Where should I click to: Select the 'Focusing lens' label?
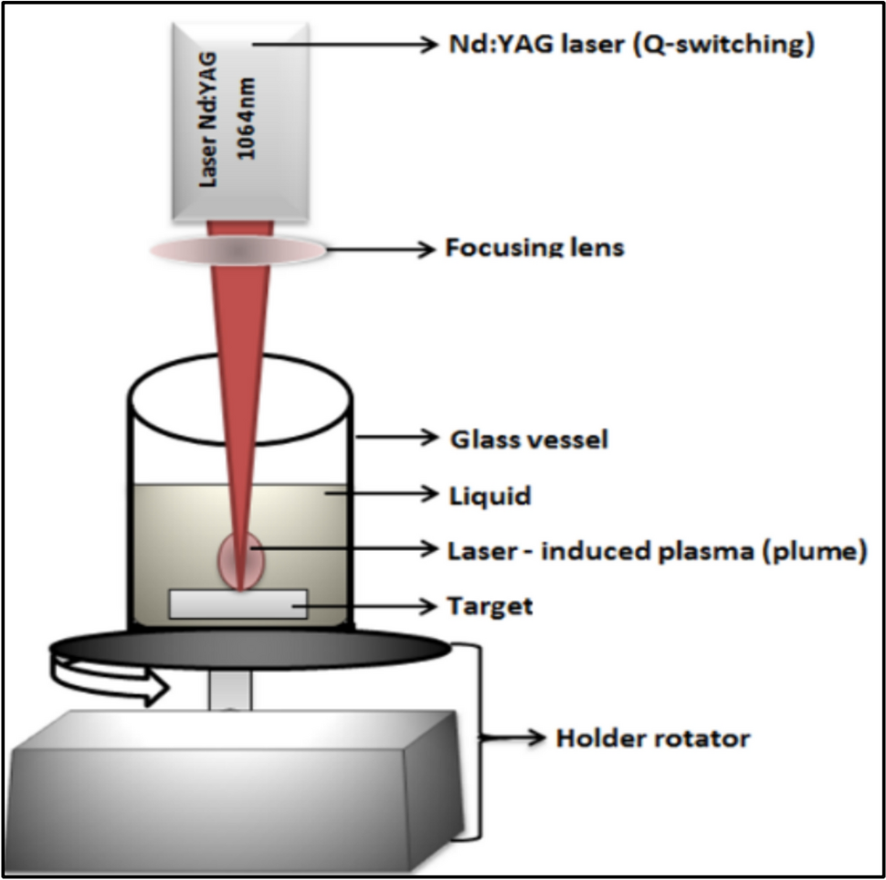pyautogui.click(x=534, y=248)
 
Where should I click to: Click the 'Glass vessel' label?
pyautogui.click(x=529, y=440)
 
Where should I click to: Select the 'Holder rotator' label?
pyautogui.click(x=652, y=737)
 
